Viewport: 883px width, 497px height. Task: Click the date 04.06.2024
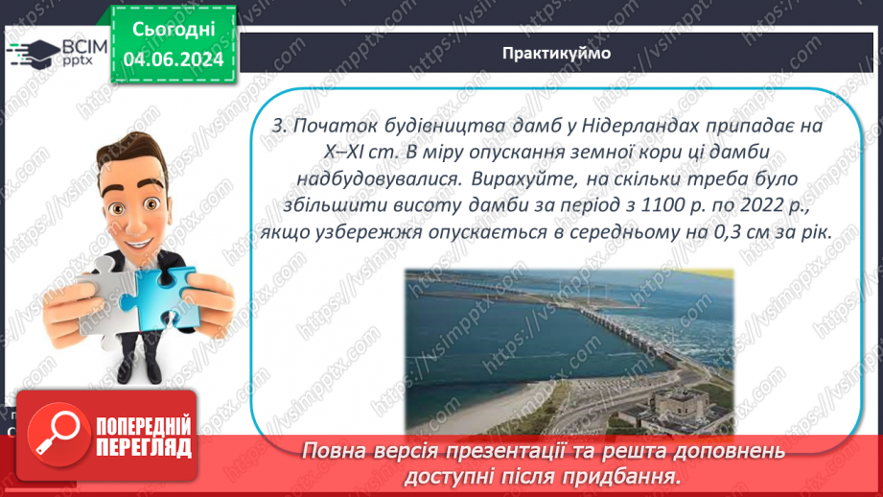(x=173, y=59)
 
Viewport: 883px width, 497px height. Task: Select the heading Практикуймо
(x=555, y=53)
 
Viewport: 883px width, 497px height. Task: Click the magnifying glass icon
(x=54, y=437)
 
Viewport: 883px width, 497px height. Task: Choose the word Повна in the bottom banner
(x=337, y=450)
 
